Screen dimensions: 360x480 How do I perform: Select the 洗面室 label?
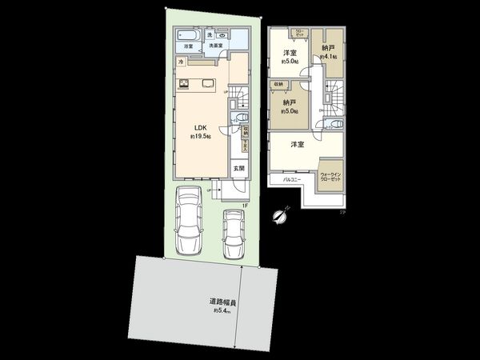216,46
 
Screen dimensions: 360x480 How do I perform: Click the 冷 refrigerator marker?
181,62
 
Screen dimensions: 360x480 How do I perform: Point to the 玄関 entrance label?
239,168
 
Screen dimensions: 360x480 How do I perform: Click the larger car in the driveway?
190,219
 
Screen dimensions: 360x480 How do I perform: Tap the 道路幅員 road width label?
222,302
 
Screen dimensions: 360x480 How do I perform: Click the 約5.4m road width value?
222,310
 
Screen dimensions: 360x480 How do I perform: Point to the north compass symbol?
278,214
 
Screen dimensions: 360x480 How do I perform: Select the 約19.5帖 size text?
199,137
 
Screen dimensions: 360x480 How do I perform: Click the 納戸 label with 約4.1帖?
328,49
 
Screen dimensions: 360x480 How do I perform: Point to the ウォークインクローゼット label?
330,178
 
